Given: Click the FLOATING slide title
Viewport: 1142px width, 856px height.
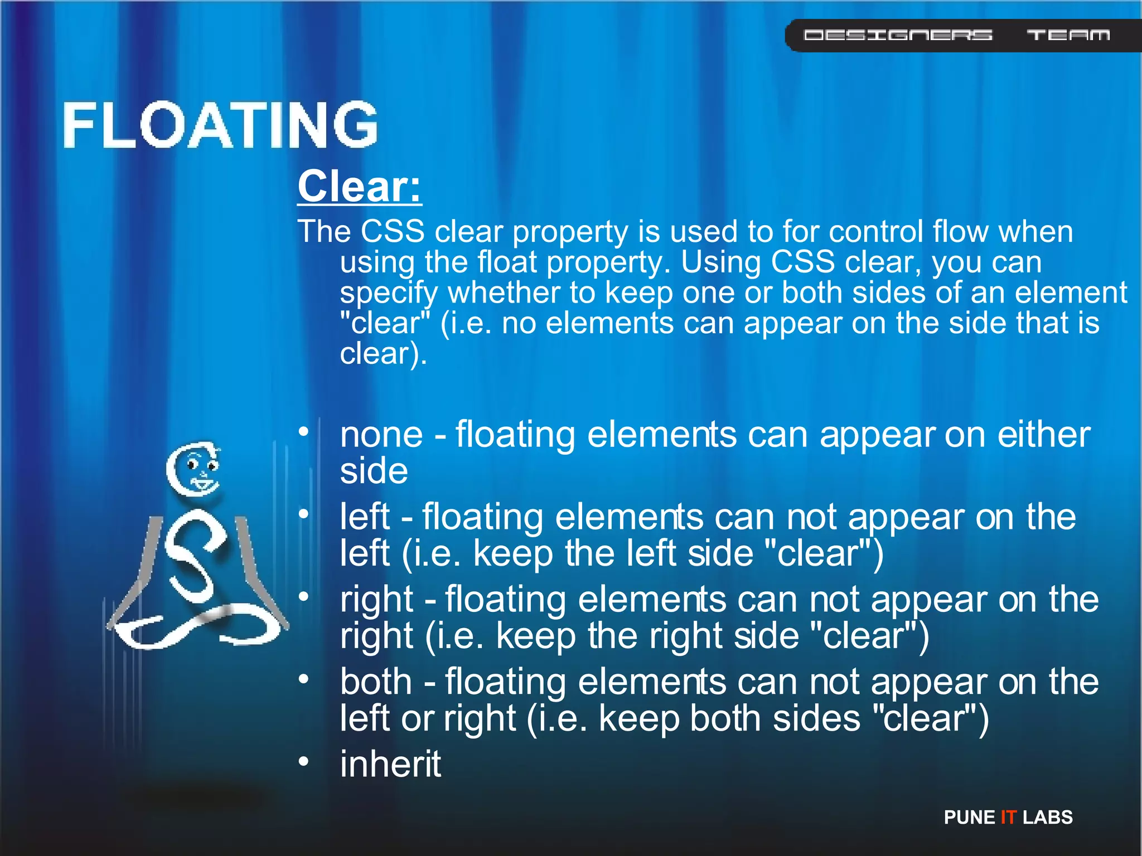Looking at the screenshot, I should pyautogui.click(x=220, y=125).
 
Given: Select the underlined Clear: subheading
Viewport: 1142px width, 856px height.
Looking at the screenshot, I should pyautogui.click(x=360, y=187).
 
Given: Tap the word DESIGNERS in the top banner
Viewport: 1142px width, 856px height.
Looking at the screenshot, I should pyautogui.click(x=898, y=35).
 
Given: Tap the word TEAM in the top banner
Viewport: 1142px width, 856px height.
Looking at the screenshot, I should pyautogui.click(x=1068, y=35).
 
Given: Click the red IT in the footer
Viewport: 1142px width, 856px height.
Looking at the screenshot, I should pyautogui.click(x=1008, y=817).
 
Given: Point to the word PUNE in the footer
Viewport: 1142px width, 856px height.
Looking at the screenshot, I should pyautogui.click(x=969, y=817).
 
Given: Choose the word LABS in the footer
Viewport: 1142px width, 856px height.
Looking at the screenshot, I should pyautogui.click(x=1047, y=817).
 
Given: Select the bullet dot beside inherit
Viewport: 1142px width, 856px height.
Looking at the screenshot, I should pyautogui.click(x=303, y=761).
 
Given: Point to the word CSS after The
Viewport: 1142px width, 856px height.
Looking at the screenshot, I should pyautogui.click(x=393, y=231).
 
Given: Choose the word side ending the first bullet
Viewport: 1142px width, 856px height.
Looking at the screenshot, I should pyautogui.click(x=374, y=471).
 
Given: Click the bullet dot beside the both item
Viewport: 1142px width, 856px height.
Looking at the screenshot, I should pyautogui.click(x=303, y=679).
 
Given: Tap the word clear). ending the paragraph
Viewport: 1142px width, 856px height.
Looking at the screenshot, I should pyautogui.click(x=383, y=353).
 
